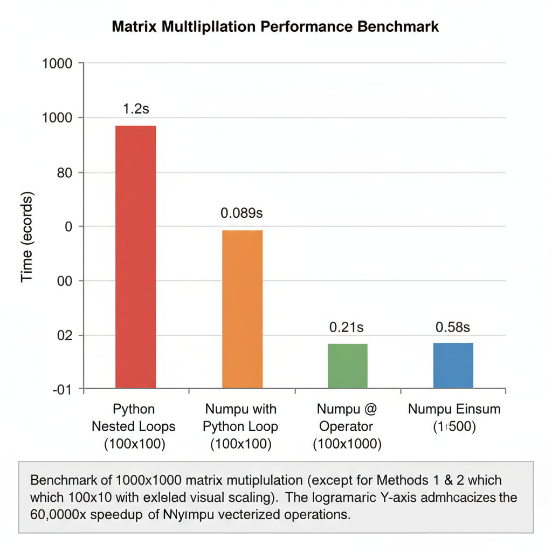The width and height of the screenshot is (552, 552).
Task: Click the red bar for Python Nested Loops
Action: click(x=136, y=257)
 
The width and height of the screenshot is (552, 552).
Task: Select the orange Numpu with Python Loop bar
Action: click(x=242, y=309)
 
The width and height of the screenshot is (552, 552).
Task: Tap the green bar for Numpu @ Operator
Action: click(x=348, y=365)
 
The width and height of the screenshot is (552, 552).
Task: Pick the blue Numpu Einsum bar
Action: click(x=453, y=365)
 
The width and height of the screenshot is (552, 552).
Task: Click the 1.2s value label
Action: click(x=136, y=109)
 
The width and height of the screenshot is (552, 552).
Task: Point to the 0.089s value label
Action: click(x=241, y=213)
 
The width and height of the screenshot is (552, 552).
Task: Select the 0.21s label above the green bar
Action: click(x=347, y=327)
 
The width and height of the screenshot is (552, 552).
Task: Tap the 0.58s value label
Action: click(x=453, y=327)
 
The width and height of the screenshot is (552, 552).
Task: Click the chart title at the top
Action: click(x=275, y=27)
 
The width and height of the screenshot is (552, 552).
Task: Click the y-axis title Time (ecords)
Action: click(x=27, y=237)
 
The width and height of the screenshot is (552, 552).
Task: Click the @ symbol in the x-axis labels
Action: click(x=370, y=409)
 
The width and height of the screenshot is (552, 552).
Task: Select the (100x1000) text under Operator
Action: click(x=347, y=444)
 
